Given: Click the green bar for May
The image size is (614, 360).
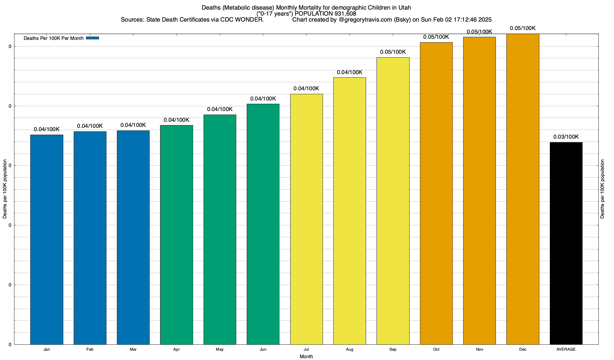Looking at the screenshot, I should tap(220, 229).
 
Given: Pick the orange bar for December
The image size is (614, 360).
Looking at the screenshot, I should tap(523, 189).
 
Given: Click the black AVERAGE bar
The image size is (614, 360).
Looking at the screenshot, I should tap(566, 243).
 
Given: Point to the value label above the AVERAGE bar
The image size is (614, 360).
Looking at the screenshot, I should tap(566, 137).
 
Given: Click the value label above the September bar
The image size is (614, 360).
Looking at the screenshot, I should tap(393, 52).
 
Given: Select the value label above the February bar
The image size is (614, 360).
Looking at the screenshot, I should tap(90, 126).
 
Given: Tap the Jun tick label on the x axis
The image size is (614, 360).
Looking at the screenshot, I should tap(263, 349).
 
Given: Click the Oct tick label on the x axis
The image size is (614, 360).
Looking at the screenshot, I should tap(436, 349).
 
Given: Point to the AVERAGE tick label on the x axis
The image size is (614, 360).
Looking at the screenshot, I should tap(566, 349).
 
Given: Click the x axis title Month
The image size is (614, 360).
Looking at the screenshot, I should tap(306, 356).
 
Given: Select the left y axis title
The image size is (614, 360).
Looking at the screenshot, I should tap(5, 189).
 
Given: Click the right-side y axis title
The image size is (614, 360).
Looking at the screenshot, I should tap(602, 189).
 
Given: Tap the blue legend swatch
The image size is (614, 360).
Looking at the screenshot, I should tap(92, 38).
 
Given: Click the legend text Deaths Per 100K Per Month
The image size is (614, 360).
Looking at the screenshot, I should tap(53, 38).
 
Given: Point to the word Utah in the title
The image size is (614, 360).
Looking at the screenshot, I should tap(404, 7).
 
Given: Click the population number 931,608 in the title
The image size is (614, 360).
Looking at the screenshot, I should tap(345, 14).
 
